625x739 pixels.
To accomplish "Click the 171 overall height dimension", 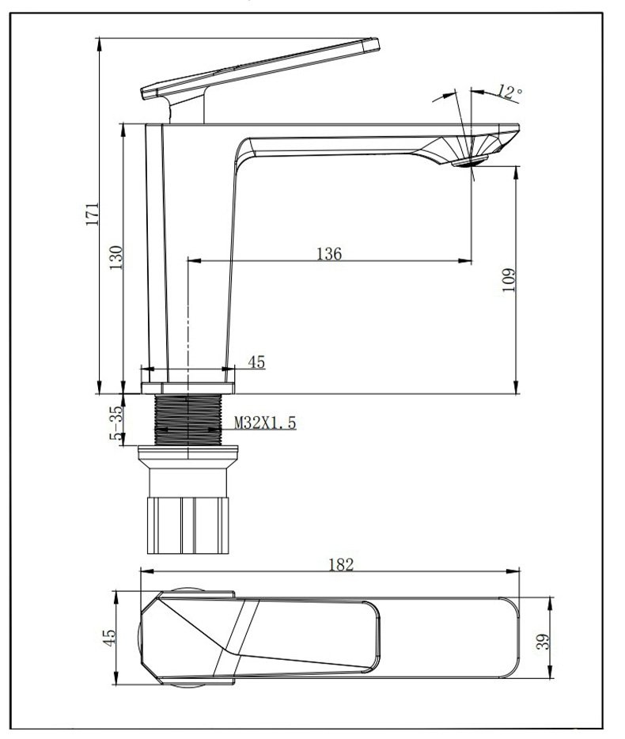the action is coord(93,214).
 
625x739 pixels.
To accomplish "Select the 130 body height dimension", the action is coord(116,257).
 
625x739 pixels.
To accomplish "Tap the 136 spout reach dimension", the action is coord(328,254).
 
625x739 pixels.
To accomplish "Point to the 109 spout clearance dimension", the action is coord(509,280).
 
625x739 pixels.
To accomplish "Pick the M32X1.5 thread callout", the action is coord(265,423).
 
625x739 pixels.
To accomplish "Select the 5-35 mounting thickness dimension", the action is coord(116,423).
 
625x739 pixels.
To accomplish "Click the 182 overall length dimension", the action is coord(341,564).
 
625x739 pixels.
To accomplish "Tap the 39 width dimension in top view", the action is coord(544,642).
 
